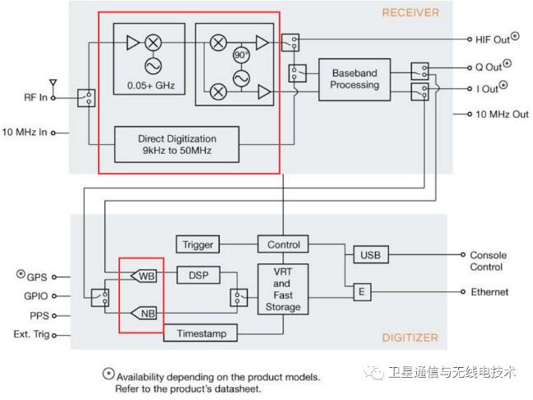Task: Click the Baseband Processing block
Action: pos(355,79)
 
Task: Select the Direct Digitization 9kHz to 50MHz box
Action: pos(177,145)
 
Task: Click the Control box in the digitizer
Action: pos(284,244)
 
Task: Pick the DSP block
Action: pos(197,275)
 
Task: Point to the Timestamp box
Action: pos(201,333)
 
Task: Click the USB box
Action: pos(370,256)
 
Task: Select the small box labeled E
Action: pos(360,292)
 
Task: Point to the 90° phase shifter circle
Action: pos(241,55)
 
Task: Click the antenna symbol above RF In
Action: pos(53,83)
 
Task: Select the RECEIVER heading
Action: pos(410,12)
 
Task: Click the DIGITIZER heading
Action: pos(410,337)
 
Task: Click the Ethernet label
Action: pos(489,292)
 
